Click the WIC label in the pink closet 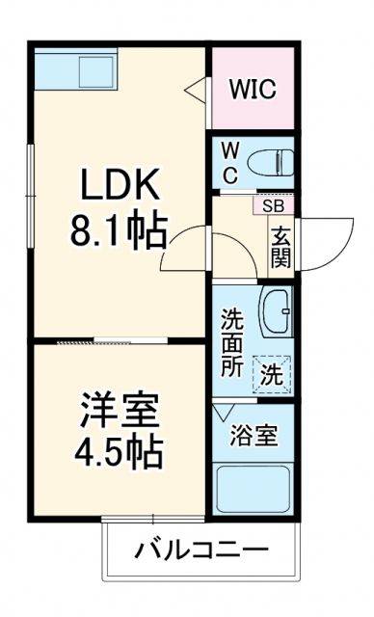pyautogui.click(x=254, y=90)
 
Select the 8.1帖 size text pyautogui.click(x=118, y=230)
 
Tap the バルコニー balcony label pyautogui.click(x=200, y=552)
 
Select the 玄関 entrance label pyautogui.click(x=280, y=246)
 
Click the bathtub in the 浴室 pyautogui.click(x=253, y=489)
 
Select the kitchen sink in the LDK pyautogui.click(x=97, y=69)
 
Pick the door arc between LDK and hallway pyautogui.click(x=187, y=251)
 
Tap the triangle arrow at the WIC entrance pyautogui.click(x=195, y=91)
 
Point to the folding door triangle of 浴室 pyautogui.click(x=225, y=412)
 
